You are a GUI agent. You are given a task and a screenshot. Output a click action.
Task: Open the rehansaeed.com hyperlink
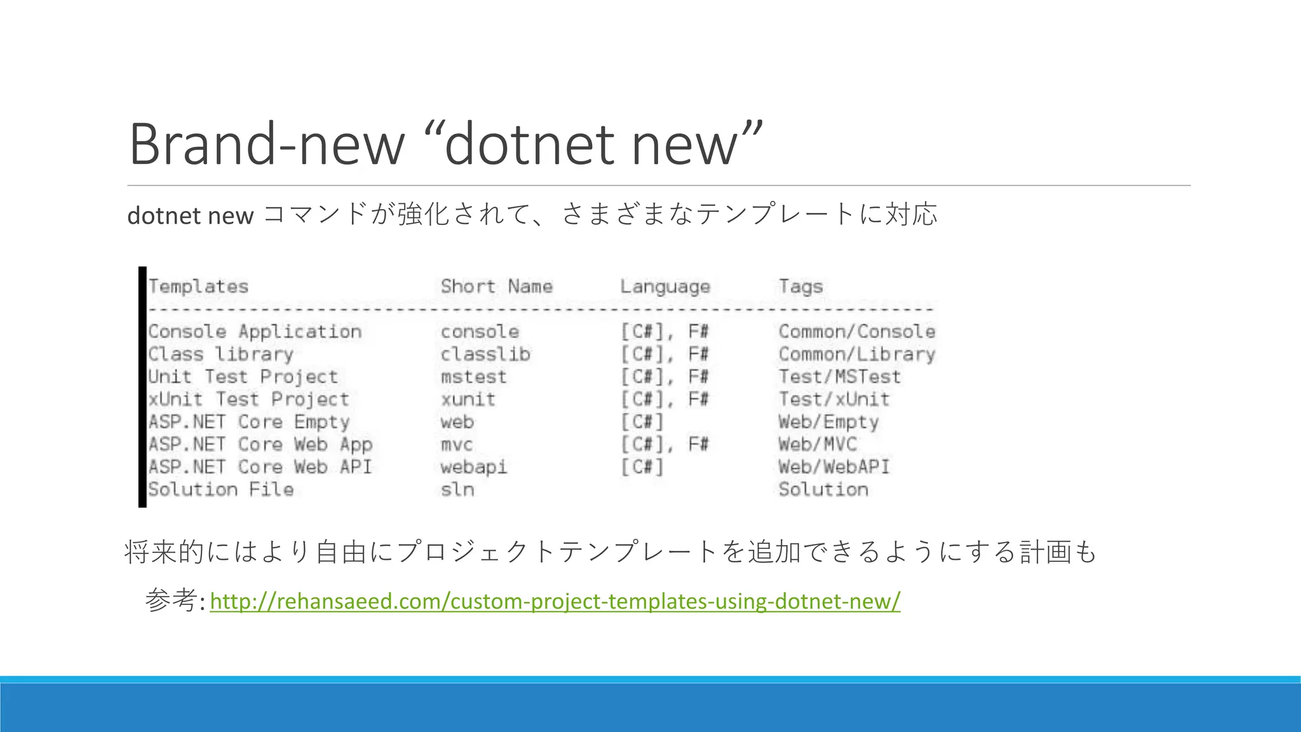coord(555,600)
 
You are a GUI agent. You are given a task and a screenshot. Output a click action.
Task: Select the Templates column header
coord(198,287)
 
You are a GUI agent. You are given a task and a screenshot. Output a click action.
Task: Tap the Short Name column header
coord(496,287)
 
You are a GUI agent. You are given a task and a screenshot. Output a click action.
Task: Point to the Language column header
coord(664,287)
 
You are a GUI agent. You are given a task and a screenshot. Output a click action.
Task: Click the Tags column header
coord(800,287)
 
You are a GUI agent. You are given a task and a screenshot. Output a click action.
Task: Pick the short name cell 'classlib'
coord(485,354)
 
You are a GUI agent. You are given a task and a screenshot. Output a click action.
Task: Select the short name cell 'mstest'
coord(473,377)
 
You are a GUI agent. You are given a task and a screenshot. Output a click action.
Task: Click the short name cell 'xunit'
coord(468,400)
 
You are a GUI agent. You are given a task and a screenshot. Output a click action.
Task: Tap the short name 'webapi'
coord(473,467)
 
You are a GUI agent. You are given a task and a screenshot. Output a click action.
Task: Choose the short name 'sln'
coord(457,489)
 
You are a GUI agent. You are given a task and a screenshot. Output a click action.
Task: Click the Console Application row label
coord(255,332)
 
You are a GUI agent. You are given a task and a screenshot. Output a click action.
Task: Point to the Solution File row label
coord(220,489)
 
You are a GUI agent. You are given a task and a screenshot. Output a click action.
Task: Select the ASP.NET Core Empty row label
coord(249,422)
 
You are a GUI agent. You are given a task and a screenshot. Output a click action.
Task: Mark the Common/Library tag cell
coord(856,354)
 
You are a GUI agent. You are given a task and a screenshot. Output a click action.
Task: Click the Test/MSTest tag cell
coord(839,377)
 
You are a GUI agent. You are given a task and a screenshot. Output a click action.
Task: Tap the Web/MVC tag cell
coord(817,444)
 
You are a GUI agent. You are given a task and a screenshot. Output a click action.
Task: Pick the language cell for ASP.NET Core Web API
coord(642,467)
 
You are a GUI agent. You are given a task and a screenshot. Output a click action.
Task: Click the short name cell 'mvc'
coord(457,444)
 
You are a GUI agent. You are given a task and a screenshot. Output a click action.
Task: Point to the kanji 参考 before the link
coord(170,600)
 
